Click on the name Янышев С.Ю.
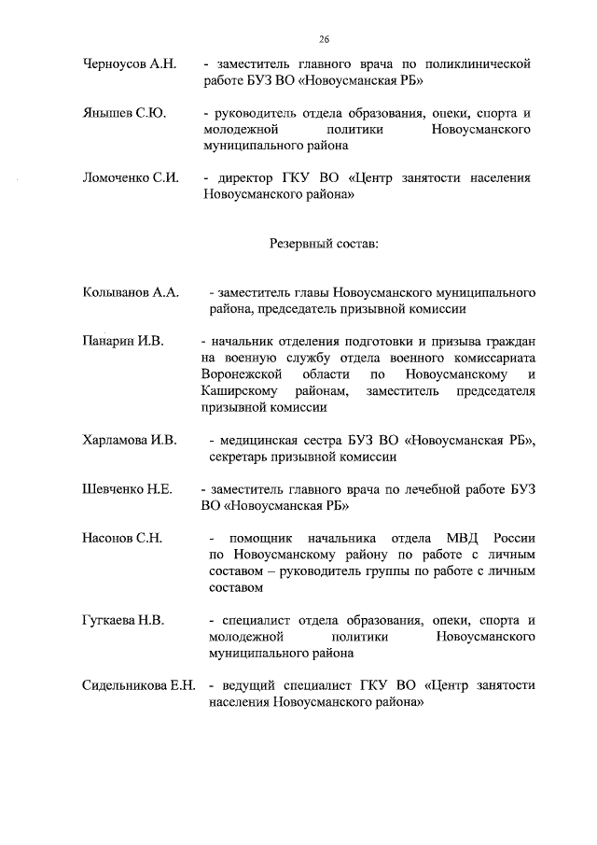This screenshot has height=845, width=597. pyautogui.click(x=123, y=113)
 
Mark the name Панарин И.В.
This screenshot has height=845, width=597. pyautogui.click(x=122, y=341)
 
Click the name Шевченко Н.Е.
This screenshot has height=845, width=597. pyautogui.click(x=127, y=489)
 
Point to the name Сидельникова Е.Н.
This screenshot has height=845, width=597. pyautogui.click(x=138, y=685)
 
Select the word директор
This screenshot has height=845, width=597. pyautogui.click(x=244, y=178)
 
